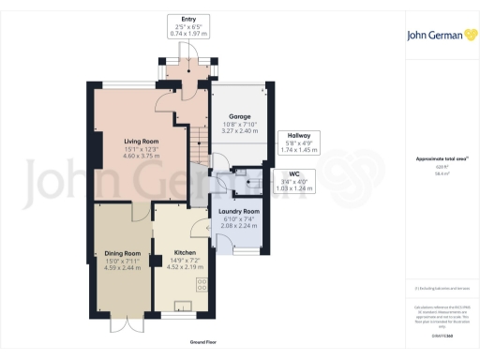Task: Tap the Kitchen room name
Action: point(184,253)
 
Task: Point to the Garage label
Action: point(240,116)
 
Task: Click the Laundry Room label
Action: point(239,212)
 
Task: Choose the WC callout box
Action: point(293,180)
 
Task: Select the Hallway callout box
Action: point(300,142)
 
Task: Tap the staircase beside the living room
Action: point(199,146)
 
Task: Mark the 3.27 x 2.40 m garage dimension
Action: point(240,131)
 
